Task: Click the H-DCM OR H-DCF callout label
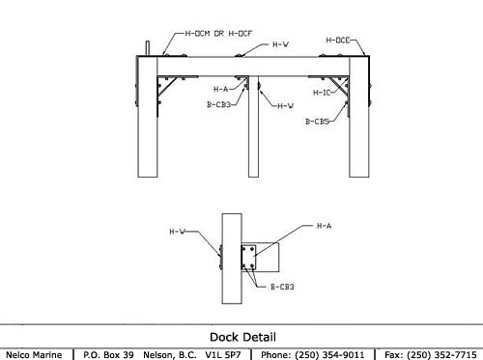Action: tap(218, 34)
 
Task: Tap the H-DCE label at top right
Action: tap(338, 41)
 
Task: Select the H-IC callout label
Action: tap(322, 93)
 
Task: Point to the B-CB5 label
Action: tap(317, 122)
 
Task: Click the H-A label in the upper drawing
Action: tap(220, 89)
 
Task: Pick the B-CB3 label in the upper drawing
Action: tap(218, 104)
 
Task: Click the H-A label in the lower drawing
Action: tap(324, 226)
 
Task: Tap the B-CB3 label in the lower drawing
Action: tap(282, 287)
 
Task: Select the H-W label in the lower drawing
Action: tap(178, 232)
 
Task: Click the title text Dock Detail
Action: tap(242, 337)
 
